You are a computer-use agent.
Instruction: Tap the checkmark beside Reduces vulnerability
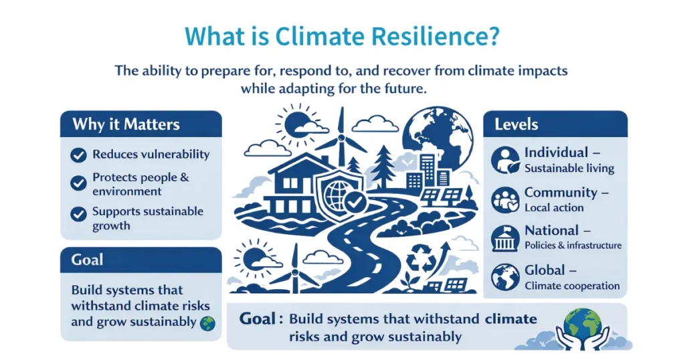tap(78, 155)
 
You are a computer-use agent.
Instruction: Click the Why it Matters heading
tap(126, 124)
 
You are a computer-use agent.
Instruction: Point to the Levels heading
tap(516, 124)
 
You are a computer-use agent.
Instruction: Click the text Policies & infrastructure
tap(573, 246)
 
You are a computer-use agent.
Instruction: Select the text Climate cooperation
tap(572, 286)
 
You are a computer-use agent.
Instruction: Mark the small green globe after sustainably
tap(208, 322)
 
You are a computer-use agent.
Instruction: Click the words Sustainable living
tap(569, 168)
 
